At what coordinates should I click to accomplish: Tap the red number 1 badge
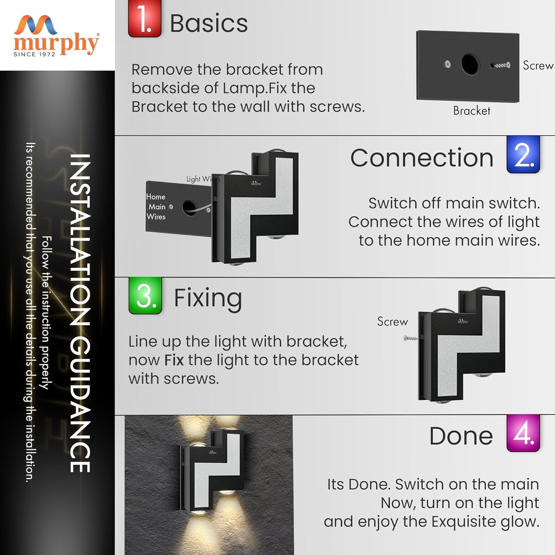[144, 18]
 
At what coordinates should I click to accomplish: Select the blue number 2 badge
[523, 154]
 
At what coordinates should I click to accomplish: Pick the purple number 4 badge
[523, 433]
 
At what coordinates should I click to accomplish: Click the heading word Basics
[209, 23]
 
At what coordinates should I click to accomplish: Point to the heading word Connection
[422, 158]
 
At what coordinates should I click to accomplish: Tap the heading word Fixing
[208, 300]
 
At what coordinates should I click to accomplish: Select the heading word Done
[461, 436]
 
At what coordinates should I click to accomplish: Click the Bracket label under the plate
[472, 111]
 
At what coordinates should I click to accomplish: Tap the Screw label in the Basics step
[538, 65]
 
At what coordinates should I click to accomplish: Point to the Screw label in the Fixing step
[393, 321]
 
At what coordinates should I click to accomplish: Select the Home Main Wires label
[156, 207]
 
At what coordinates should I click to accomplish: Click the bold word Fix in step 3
[174, 360]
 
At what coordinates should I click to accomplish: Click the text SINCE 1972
[34, 54]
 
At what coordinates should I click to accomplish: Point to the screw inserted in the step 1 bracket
[500, 65]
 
